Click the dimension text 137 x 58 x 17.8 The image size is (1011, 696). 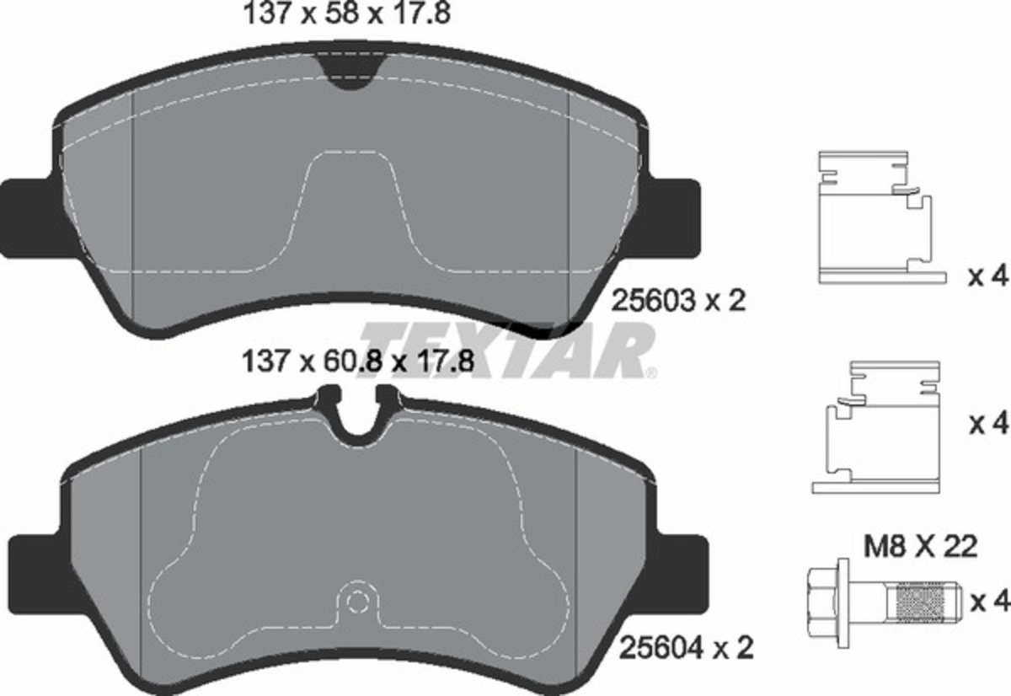pyautogui.click(x=346, y=15)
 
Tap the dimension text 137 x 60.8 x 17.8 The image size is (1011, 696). pyautogui.click(x=354, y=362)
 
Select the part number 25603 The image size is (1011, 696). pyautogui.click(x=655, y=301)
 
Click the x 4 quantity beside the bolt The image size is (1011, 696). pyautogui.click(x=988, y=602)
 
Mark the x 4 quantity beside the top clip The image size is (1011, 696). pyautogui.click(x=987, y=277)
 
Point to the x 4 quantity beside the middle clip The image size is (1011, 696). pyautogui.click(x=987, y=423)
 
